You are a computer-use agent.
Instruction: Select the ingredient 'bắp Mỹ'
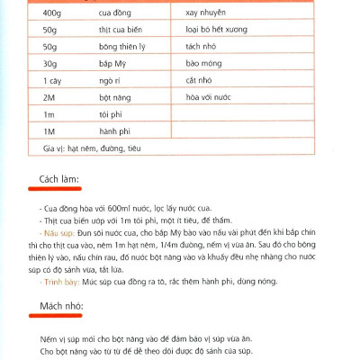(114, 67)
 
